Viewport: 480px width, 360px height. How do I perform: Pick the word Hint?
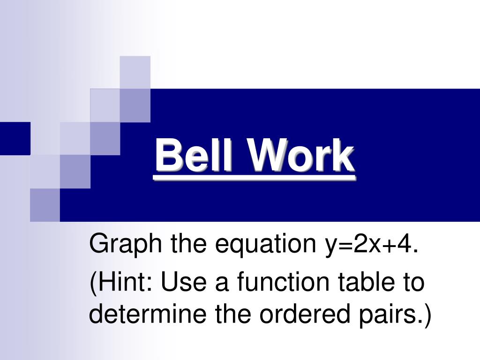point(125,283)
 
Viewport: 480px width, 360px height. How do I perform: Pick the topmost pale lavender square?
point(135,72)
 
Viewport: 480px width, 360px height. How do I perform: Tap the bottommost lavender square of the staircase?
point(45,205)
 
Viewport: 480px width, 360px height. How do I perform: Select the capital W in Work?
point(265,156)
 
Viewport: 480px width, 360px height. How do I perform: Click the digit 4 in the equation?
point(406,244)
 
